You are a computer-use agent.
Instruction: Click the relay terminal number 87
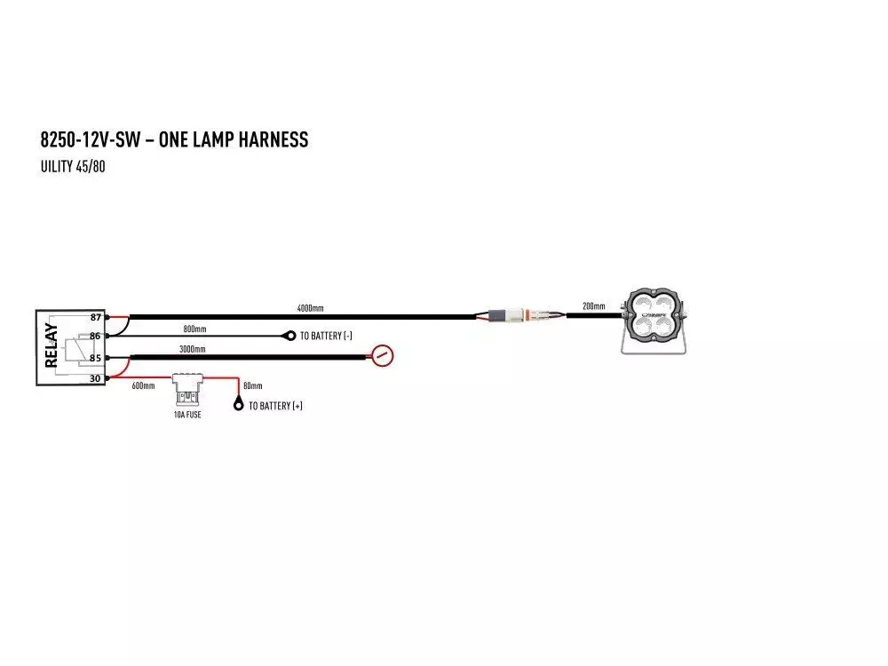[x=95, y=317]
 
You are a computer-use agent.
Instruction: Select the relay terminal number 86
[x=95, y=337]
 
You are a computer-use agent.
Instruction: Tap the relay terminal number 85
[x=95, y=358]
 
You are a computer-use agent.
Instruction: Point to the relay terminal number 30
[x=95, y=378]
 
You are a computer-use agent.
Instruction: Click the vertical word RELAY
[x=51, y=345]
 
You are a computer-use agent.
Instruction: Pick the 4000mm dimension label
[x=311, y=308]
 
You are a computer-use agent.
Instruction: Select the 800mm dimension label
[x=194, y=329]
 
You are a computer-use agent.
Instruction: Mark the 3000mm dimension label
[x=193, y=349]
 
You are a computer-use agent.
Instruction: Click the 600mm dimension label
[x=143, y=386]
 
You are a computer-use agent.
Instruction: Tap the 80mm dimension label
[x=252, y=386]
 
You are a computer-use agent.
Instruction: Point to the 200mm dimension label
[x=593, y=306]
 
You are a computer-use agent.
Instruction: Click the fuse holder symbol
[x=187, y=390]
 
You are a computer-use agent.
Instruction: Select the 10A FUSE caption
[x=187, y=415]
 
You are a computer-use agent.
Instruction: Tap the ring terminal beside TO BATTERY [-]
[x=289, y=336]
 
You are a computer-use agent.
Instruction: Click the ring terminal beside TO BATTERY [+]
[x=239, y=405]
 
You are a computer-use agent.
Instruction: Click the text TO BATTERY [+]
[x=275, y=406]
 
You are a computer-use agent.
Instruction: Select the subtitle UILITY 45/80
[x=73, y=167]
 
